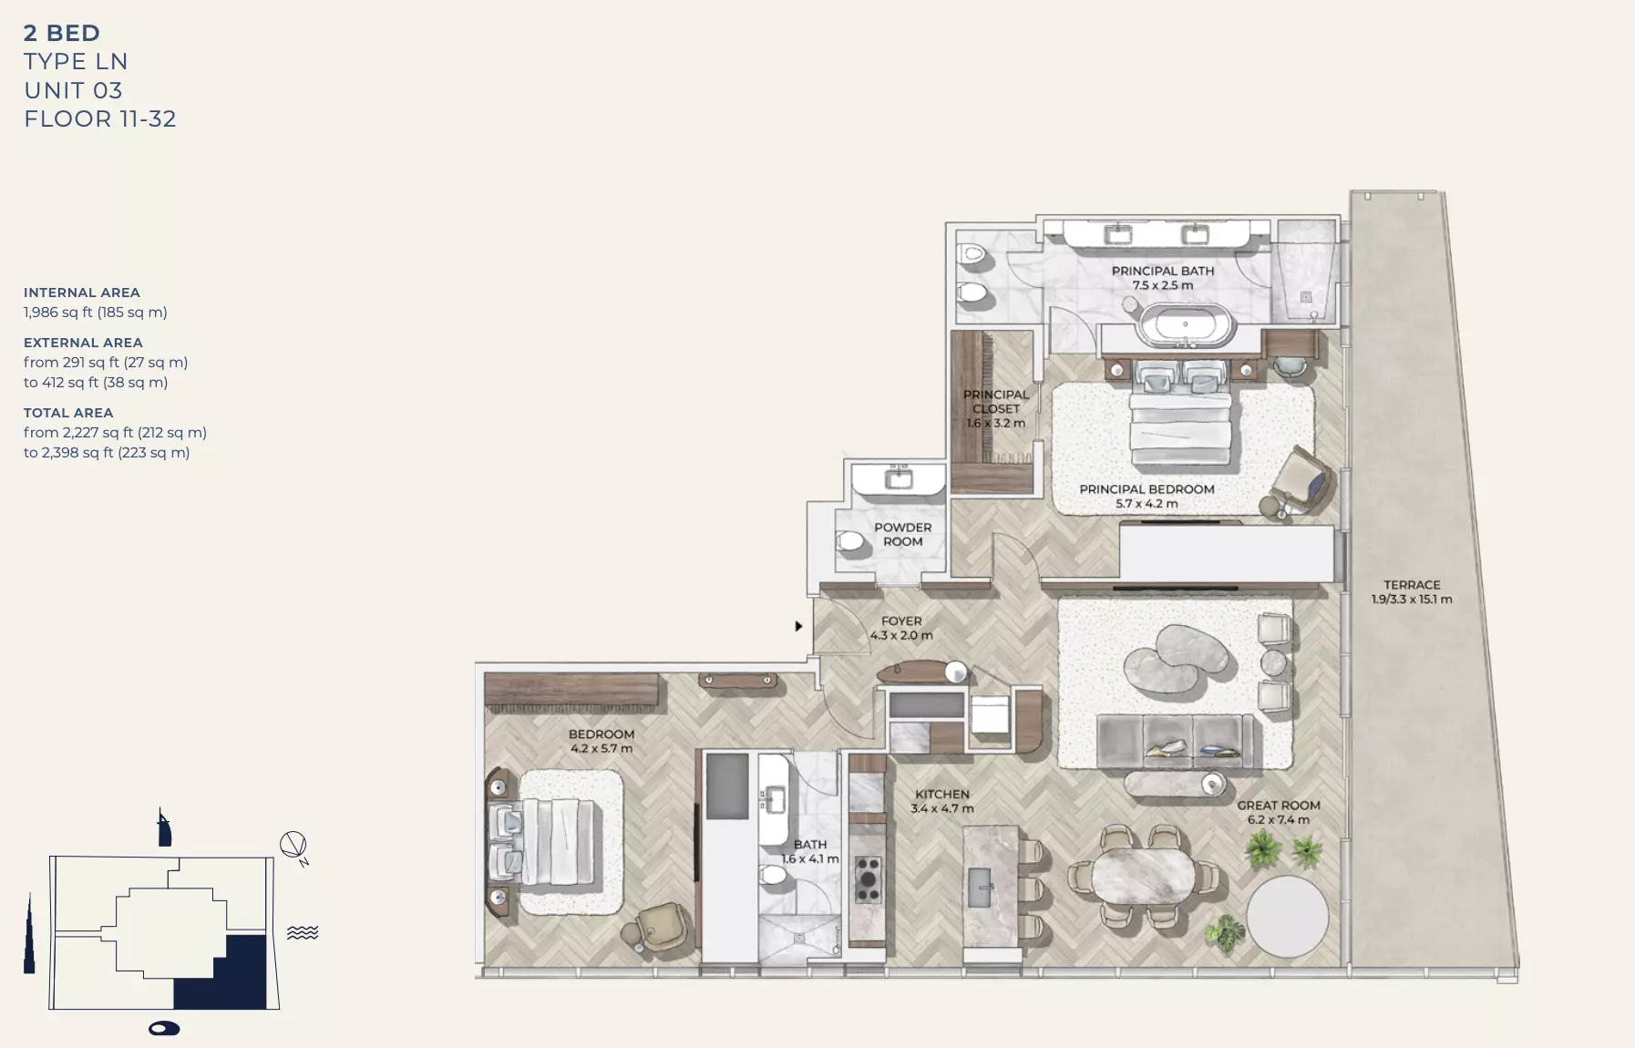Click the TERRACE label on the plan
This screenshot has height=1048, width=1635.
click(1411, 585)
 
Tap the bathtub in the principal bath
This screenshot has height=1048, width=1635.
click(1185, 325)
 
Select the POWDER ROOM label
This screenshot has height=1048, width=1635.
click(902, 534)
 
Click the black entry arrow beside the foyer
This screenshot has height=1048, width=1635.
click(798, 626)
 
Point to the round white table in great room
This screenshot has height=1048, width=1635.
click(1287, 917)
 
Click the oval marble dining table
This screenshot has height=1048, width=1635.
click(1143, 877)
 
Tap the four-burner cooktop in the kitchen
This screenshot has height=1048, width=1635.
click(868, 879)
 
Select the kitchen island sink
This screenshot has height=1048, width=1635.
click(981, 887)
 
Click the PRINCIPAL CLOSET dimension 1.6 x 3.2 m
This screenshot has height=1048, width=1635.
click(995, 423)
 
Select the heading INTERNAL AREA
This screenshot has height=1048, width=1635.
click(82, 293)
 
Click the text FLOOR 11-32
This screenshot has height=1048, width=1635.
click(100, 119)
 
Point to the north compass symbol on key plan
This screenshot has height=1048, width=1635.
click(293, 846)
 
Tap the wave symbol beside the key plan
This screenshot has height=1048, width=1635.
click(303, 932)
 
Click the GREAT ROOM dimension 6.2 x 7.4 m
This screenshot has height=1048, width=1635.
click(1278, 819)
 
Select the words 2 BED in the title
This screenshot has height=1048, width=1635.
click(62, 34)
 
